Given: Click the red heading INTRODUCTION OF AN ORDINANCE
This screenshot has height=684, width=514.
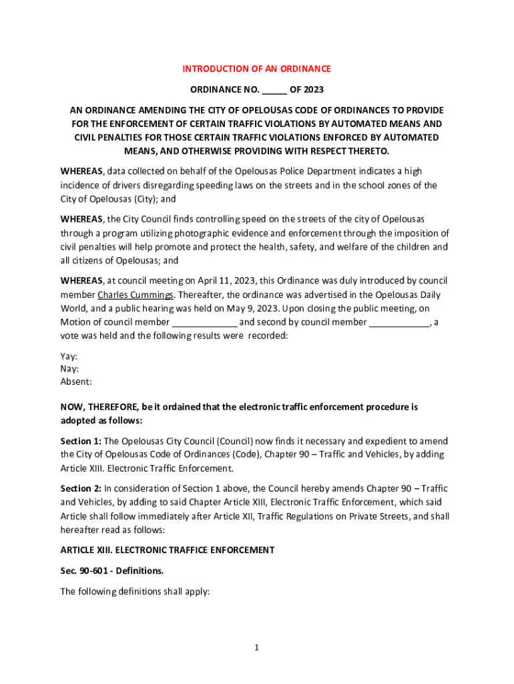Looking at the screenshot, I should pos(257,69).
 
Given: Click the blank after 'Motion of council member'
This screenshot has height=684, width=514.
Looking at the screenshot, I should pos(205,323).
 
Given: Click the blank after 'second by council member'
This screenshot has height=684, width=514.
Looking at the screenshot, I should pos(399,323).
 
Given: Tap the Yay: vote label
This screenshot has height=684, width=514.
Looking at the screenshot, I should pos(69,357).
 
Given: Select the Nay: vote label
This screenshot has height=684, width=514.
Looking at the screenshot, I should pos(69,369).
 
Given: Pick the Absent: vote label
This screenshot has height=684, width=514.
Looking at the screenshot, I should pos(76,382).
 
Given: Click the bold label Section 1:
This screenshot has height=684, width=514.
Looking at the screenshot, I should pos(81,442).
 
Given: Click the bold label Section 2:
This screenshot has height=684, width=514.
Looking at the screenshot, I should pos(81,489).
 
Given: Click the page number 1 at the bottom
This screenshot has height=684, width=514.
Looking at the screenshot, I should pos(257,647).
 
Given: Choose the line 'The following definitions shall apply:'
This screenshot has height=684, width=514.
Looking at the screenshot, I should pos(135,591).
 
